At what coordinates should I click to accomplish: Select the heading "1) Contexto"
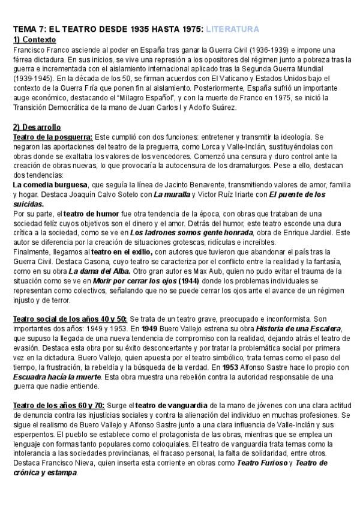35,39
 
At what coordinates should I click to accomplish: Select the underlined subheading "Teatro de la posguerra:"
53,137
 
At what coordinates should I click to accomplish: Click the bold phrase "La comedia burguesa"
50,184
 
